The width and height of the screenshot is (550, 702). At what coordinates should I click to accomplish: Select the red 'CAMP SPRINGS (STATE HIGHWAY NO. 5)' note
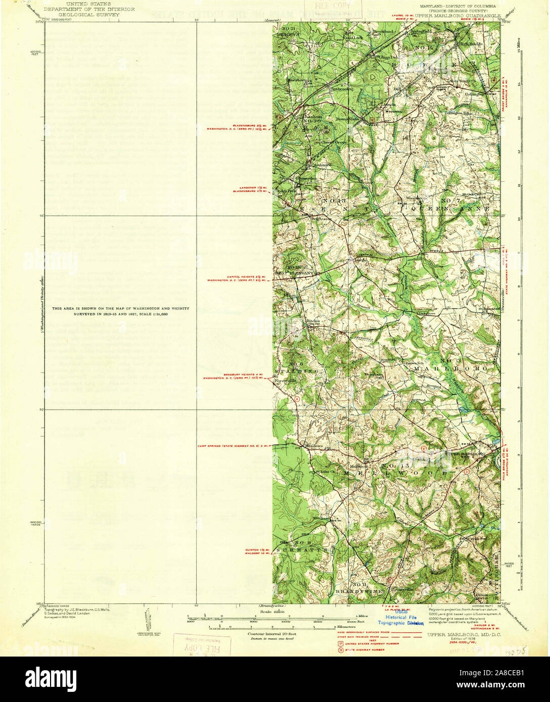tap(234, 446)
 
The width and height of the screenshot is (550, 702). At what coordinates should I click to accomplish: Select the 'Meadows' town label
tap(314, 446)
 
